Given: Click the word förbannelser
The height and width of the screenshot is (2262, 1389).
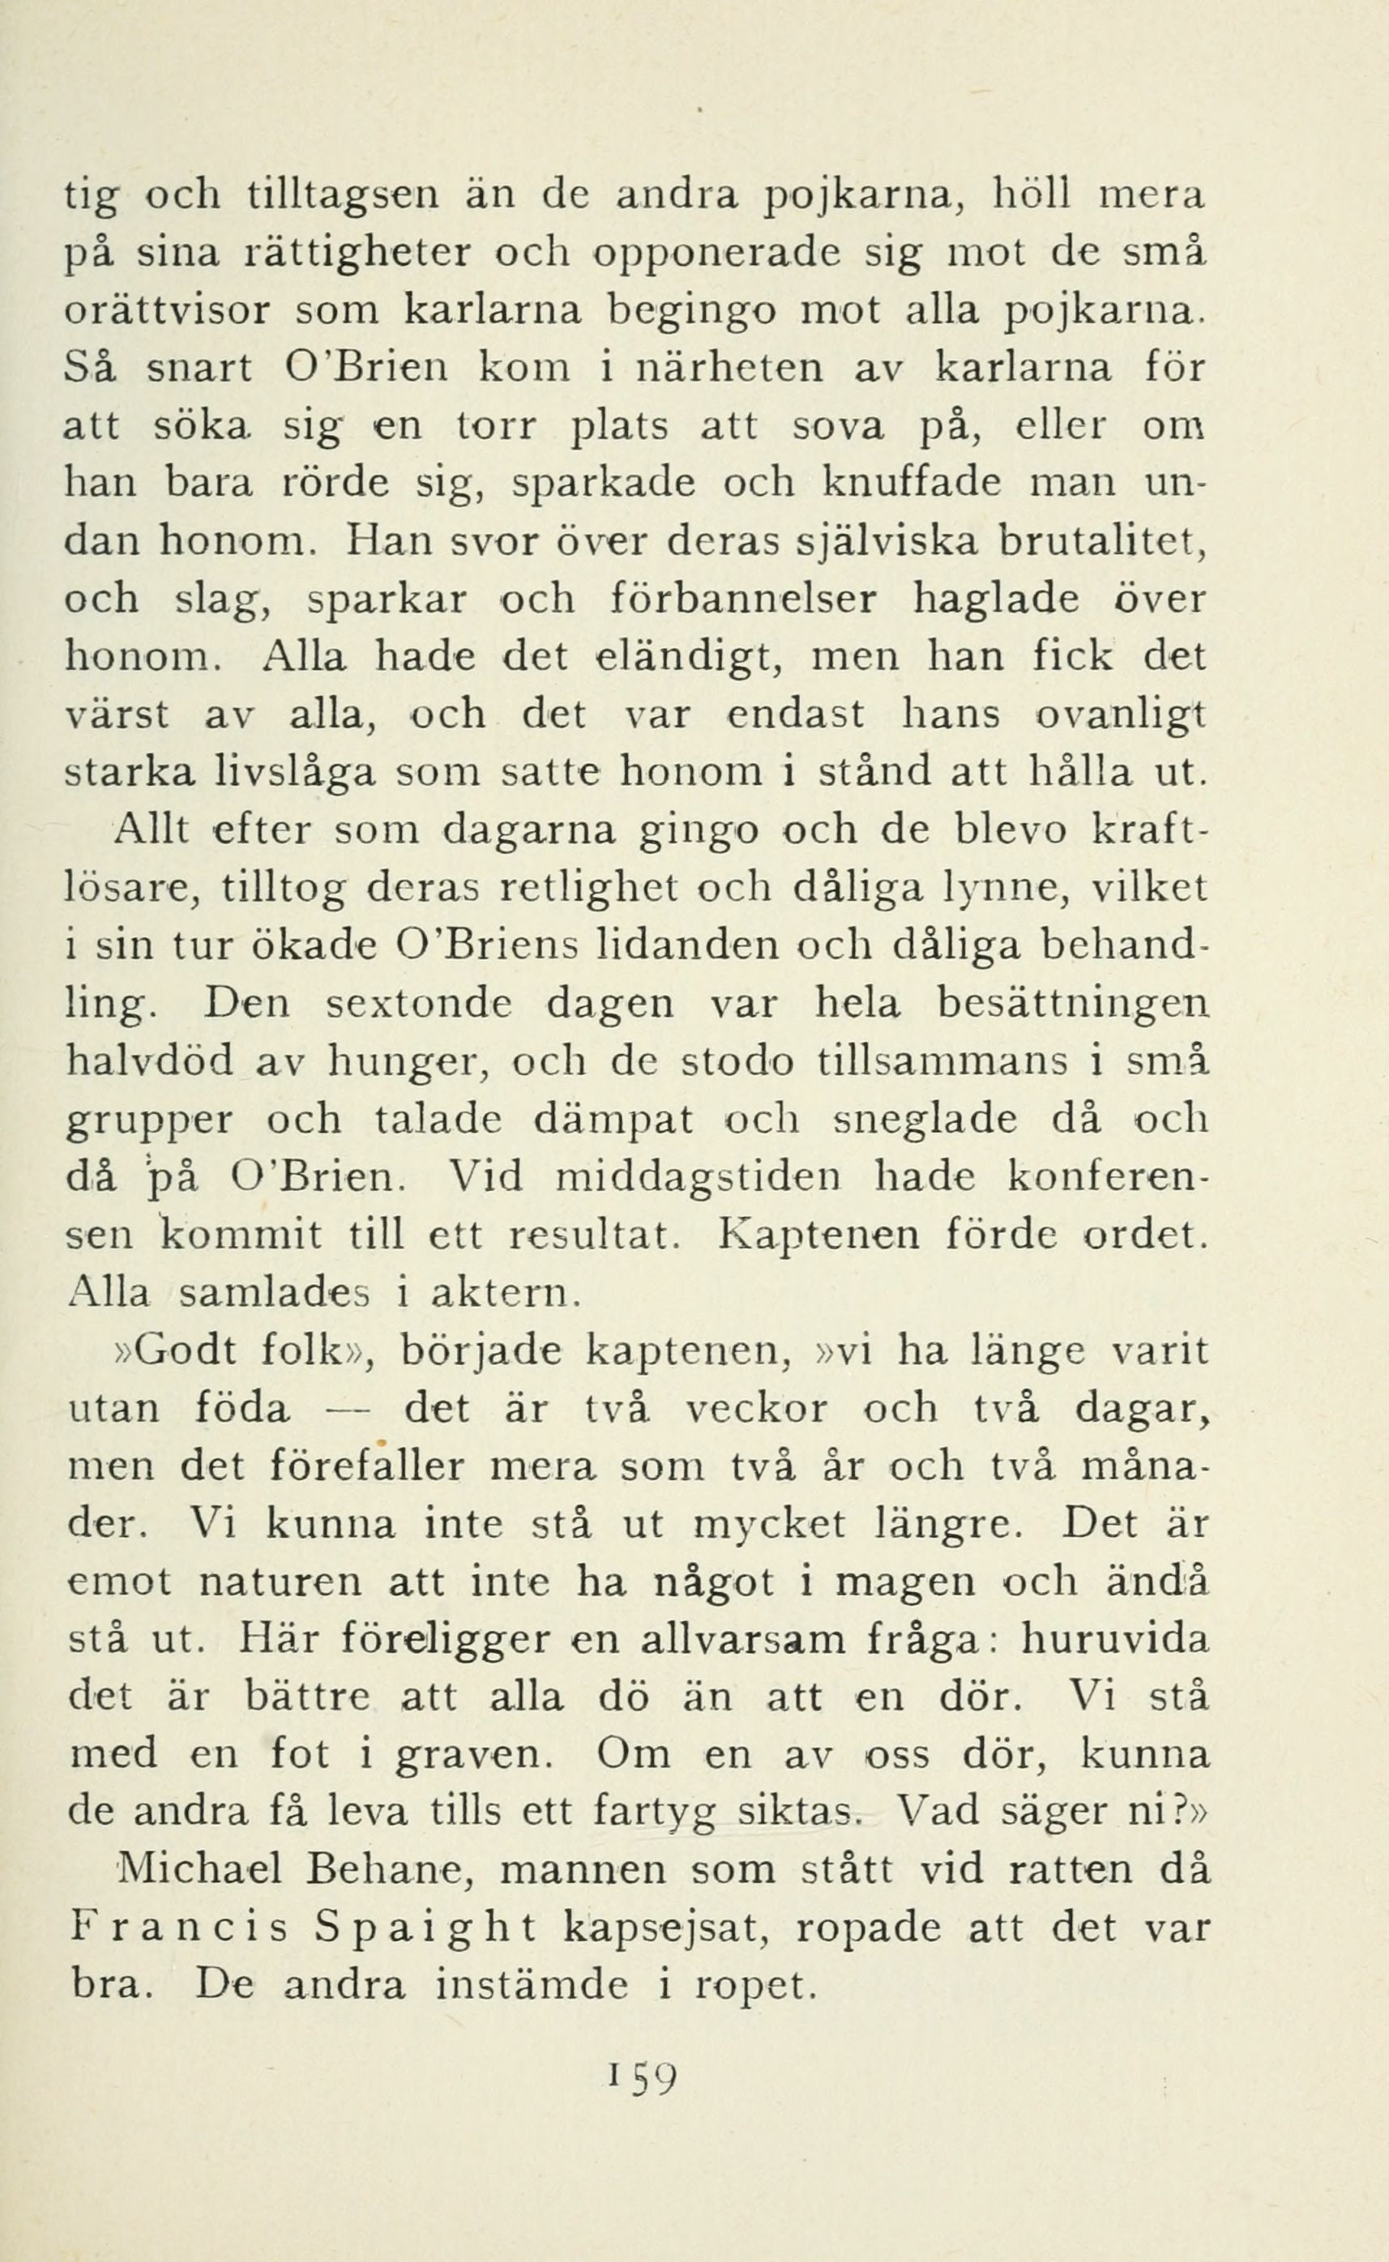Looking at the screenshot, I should tap(742, 600).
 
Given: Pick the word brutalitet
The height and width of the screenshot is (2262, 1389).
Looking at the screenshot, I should tap(1101, 541).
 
